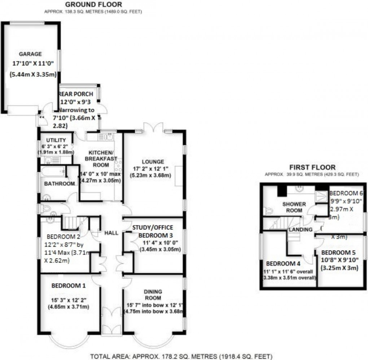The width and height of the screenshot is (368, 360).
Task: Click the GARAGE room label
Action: [x=31, y=54]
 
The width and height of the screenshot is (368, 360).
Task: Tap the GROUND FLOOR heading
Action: [x=93, y=5]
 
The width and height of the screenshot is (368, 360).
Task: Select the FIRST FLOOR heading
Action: [x=312, y=167]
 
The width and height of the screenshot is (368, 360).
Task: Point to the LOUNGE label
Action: [x=153, y=162]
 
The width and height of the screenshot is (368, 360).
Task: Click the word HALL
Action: [x=111, y=233]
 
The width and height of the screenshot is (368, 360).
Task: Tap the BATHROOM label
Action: [x=59, y=184]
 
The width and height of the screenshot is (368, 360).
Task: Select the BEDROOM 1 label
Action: [x=69, y=286]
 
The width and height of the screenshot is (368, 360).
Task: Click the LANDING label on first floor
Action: [x=300, y=230]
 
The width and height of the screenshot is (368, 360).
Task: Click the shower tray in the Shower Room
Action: [x=320, y=196]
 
